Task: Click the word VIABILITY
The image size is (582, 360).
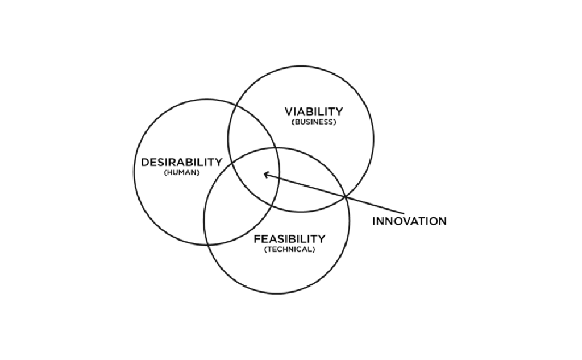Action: click(314, 111)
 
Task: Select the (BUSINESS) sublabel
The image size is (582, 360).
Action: click(314, 122)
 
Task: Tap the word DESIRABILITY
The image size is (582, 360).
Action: click(181, 162)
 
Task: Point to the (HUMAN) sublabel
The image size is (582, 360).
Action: click(181, 172)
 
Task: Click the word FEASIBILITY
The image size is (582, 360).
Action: click(289, 239)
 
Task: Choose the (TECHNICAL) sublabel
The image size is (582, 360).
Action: click(289, 250)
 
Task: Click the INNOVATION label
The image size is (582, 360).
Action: click(409, 221)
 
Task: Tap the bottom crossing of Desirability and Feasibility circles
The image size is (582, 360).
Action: click(209, 245)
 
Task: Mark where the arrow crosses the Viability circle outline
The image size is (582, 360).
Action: click(346, 197)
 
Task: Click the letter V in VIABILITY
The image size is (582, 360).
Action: click(288, 111)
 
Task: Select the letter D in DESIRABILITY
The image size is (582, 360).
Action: click(145, 162)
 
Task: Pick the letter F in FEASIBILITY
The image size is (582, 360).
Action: click(256, 239)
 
